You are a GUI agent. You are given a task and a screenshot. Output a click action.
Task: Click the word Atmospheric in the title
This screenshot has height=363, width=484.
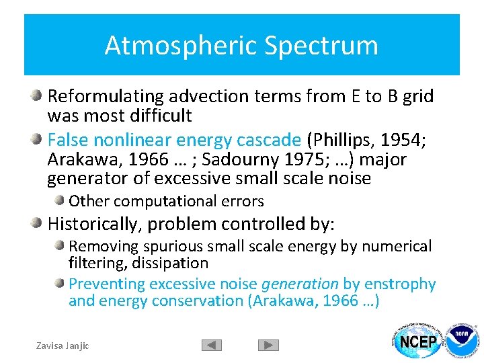click(181, 46)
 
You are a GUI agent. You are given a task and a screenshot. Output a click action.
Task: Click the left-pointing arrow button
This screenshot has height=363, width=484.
click(211, 346)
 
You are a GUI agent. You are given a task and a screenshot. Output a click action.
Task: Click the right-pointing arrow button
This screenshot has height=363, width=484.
click(268, 346)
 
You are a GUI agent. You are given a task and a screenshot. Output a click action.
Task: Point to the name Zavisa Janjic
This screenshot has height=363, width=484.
click(62, 346)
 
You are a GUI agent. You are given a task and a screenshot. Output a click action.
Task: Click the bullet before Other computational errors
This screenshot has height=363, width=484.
click(61, 200)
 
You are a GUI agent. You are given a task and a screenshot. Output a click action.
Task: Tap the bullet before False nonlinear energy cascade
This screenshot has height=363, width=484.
click(38, 139)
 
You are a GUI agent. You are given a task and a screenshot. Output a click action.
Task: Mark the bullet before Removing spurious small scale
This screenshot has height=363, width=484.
click(61, 245)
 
